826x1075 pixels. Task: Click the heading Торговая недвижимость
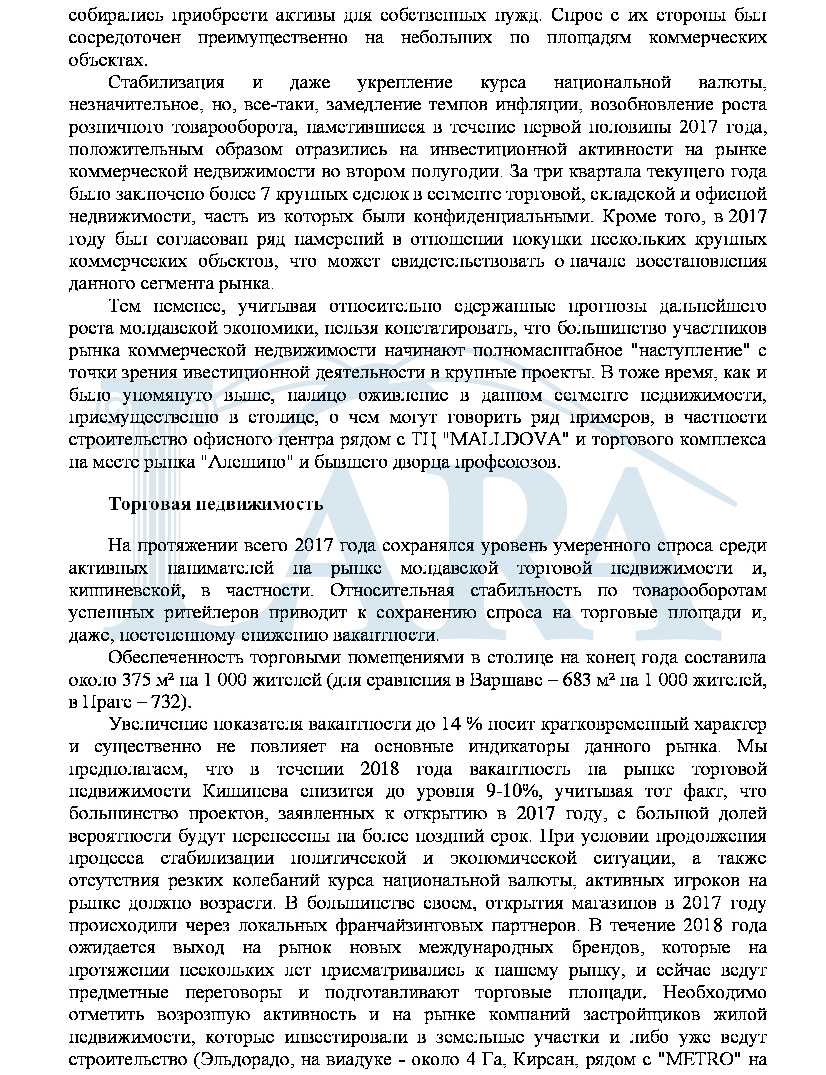(216, 504)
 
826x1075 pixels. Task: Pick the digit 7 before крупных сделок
(266, 194)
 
